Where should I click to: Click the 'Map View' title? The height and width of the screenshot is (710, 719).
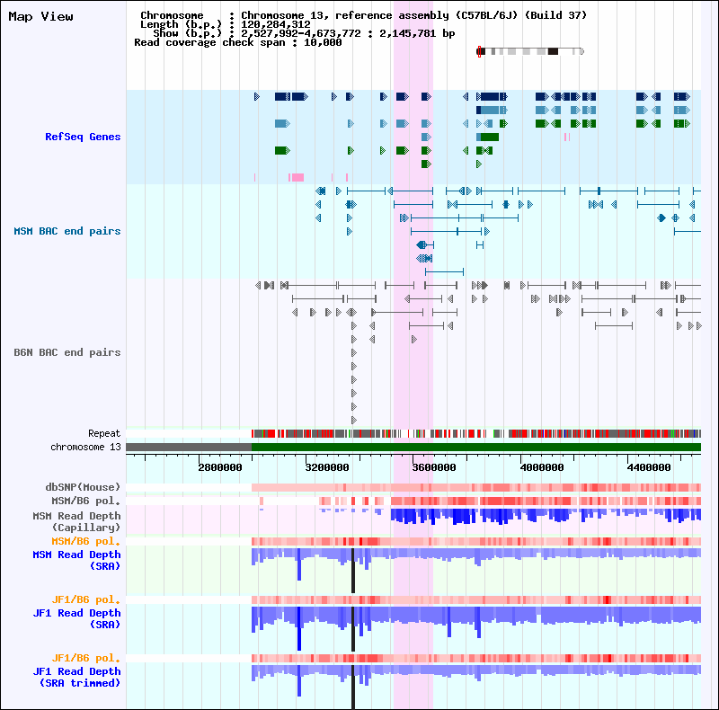tap(40, 17)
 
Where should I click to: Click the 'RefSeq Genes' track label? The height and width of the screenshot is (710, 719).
tap(83, 137)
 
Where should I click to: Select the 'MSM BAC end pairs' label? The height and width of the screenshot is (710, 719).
tap(67, 231)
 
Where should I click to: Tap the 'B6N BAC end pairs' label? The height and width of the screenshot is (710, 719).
tap(67, 352)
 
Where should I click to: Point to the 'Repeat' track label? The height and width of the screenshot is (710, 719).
tap(104, 433)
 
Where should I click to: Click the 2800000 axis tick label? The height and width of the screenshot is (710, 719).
tap(220, 467)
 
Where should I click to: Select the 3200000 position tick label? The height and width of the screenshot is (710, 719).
tap(328, 467)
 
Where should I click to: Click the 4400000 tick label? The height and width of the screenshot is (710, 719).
tap(651, 467)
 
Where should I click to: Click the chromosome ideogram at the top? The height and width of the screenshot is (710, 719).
tap(530, 51)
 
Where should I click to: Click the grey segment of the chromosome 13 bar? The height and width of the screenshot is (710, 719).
tap(189, 447)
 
